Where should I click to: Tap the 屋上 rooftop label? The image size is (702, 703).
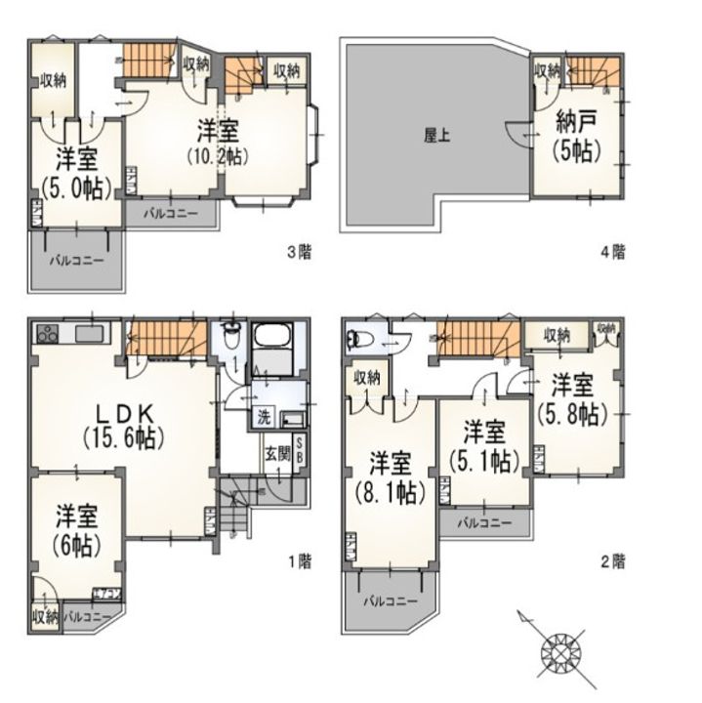tap(435, 136)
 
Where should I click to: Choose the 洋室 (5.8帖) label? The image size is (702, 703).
tap(572, 397)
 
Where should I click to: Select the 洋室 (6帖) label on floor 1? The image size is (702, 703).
tap(75, 526)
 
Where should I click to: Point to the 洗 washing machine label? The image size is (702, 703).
tap(264, 417)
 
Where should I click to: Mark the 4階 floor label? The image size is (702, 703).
tap(612, 252)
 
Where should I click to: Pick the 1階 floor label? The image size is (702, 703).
tap(299, 560)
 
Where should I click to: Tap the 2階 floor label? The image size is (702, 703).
tap(612, 560)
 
